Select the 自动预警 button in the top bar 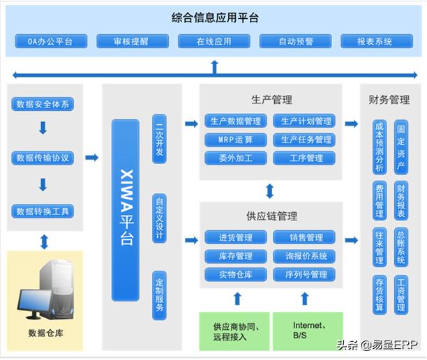point(296,41)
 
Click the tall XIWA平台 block point(126,210)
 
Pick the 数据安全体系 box point(43,105)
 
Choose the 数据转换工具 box point(43,211)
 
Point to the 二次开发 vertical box point(159,140)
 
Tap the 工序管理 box point(305,158)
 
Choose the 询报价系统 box point(305,256)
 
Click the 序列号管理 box point(305,274)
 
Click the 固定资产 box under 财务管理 point(400,148)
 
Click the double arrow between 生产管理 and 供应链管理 point(269,190)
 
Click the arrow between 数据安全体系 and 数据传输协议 point(43,129)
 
